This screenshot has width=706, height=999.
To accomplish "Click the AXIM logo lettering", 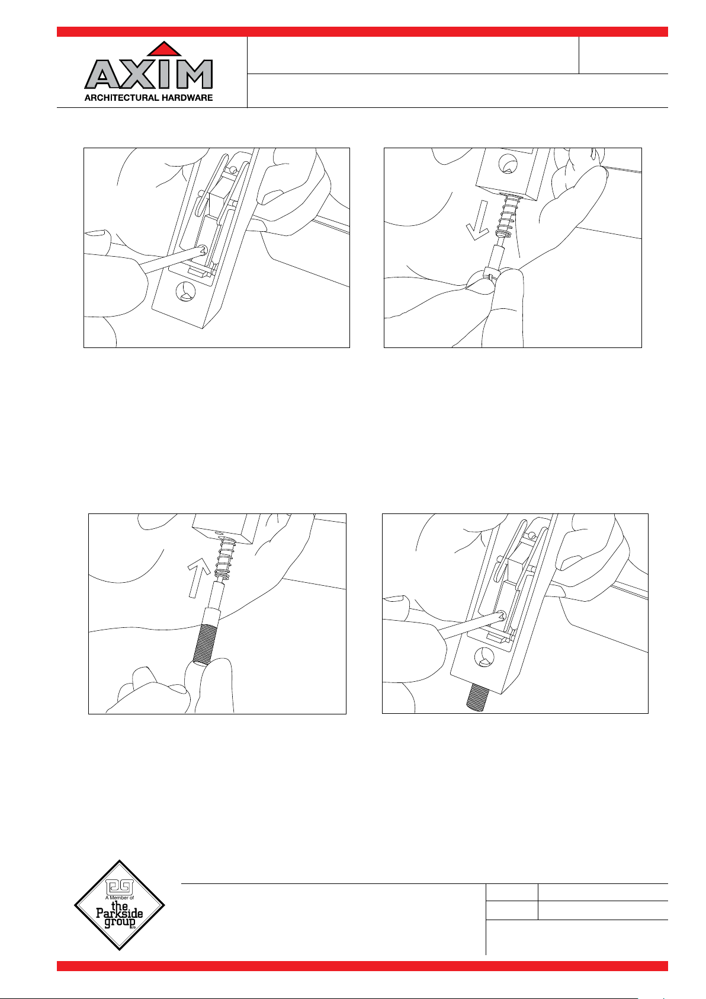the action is tap(148, 74).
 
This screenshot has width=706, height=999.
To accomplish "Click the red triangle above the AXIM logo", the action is tap(164, 49).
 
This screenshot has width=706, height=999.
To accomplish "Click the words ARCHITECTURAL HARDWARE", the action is tap(148, 98).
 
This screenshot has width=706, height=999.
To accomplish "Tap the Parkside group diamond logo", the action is tap(120, 905).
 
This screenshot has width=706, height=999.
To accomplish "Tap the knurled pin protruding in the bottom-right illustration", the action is tap(478, 698).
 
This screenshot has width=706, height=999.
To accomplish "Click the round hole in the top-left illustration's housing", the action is tap(186, 292).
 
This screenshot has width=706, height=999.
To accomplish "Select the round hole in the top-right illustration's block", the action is tap(508, 164).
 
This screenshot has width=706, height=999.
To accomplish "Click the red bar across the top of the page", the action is tap(362, 31).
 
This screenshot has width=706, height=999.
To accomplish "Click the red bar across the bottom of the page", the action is tap(362, 966).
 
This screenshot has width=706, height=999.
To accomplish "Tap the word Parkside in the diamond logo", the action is tap(120, 912).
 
